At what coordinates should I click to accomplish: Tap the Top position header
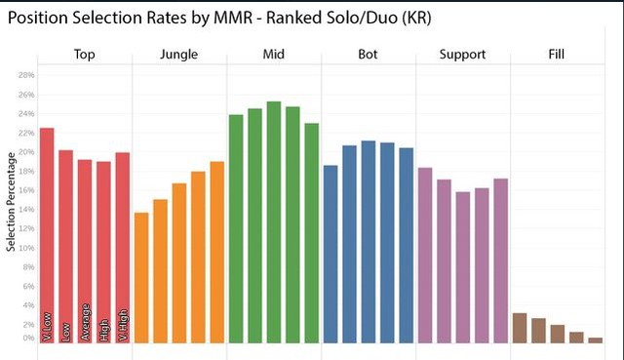coord(85,55)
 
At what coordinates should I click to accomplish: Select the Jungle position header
coord(179,55)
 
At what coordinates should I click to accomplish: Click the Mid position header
coord(274,55)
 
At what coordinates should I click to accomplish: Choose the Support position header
coord(462,55)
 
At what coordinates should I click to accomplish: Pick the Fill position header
coord(557,55)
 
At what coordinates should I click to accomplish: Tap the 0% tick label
coord(27,338)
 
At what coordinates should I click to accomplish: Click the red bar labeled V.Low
coord(47,234)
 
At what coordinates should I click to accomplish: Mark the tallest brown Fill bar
coord(520,328)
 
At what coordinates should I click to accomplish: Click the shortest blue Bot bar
coord(331,254)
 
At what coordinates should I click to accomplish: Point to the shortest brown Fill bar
coord(595,340)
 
